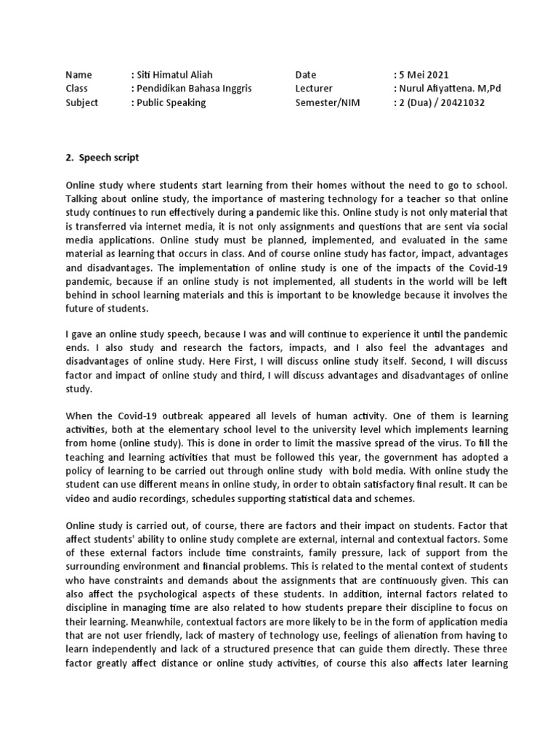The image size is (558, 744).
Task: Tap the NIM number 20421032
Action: coord(460,102)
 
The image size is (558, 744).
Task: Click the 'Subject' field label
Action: coord(81,102)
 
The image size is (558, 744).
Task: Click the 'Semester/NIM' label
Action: coord(327,102)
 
